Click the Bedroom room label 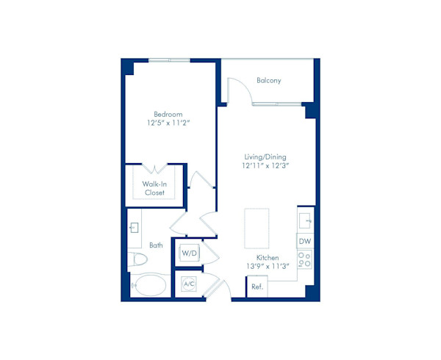[168, 114]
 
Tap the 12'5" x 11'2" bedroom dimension [168, 123]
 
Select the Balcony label [269, 80]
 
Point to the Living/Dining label [265, 156]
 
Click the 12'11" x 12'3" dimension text [265, 166]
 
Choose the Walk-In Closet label [154, 188]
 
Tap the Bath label [157, 245]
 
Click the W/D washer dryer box [189, 253]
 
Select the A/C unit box [188, 284]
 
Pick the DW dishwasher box [305, 240]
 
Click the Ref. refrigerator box [257, 287]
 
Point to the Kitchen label [267, 257]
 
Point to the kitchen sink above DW [306, 219]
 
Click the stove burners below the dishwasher [305, 259]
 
